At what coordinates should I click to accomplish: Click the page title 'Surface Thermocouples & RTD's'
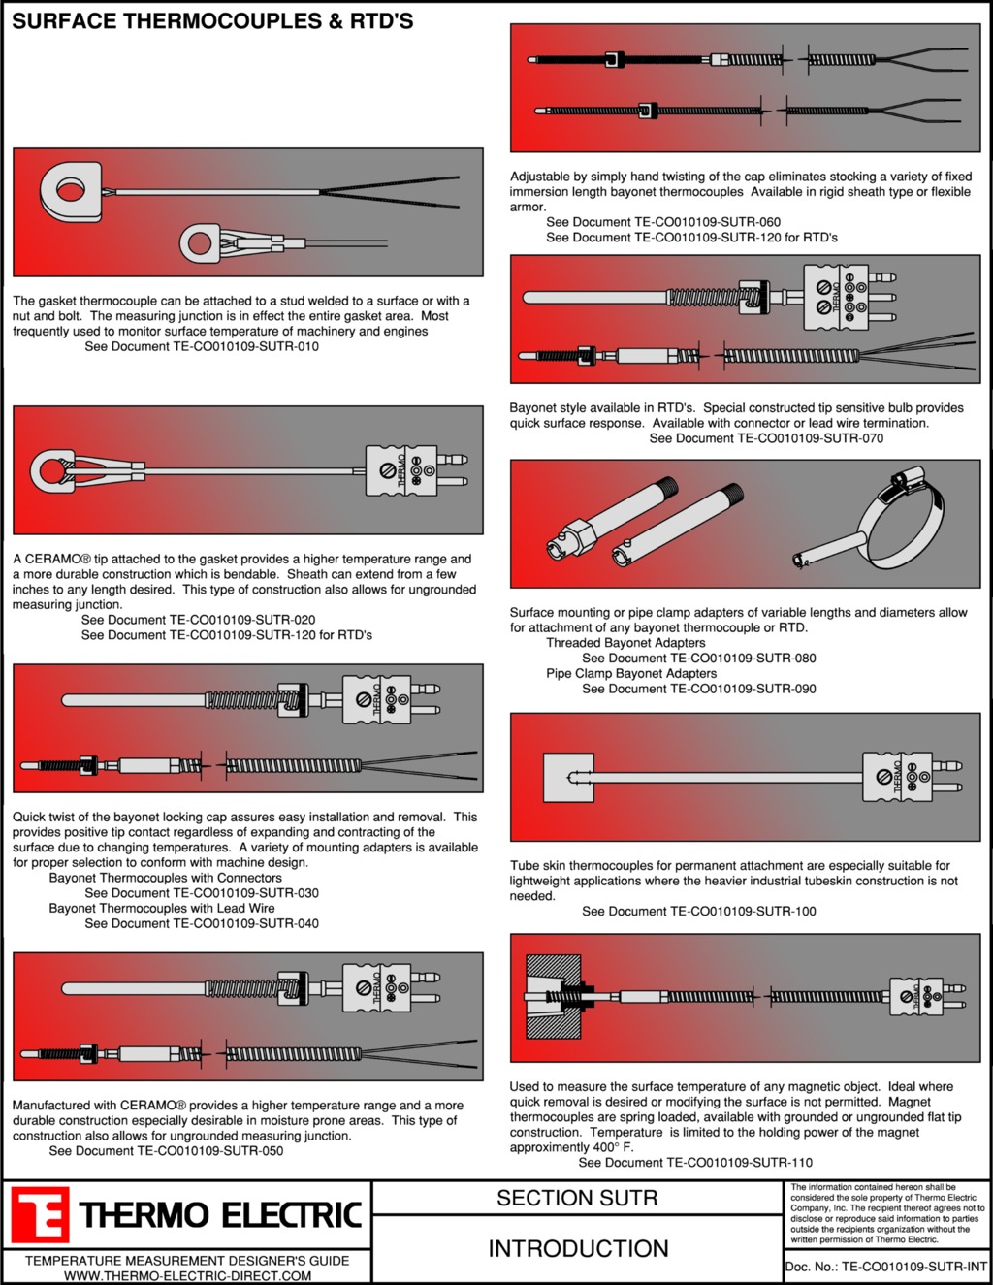(212, 21)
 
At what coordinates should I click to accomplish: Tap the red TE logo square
(40, 1215)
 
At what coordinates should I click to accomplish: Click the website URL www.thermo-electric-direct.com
(187, 1275)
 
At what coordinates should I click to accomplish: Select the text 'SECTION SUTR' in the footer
(577, 1199)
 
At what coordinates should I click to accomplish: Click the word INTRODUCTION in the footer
(578, 1249)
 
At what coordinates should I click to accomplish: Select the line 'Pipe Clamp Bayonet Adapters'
(631, 674)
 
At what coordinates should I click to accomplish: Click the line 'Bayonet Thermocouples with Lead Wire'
(162, 909)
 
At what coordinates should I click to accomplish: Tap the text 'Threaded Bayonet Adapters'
(625, 643)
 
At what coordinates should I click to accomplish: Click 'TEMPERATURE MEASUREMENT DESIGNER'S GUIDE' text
(187, 1261)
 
